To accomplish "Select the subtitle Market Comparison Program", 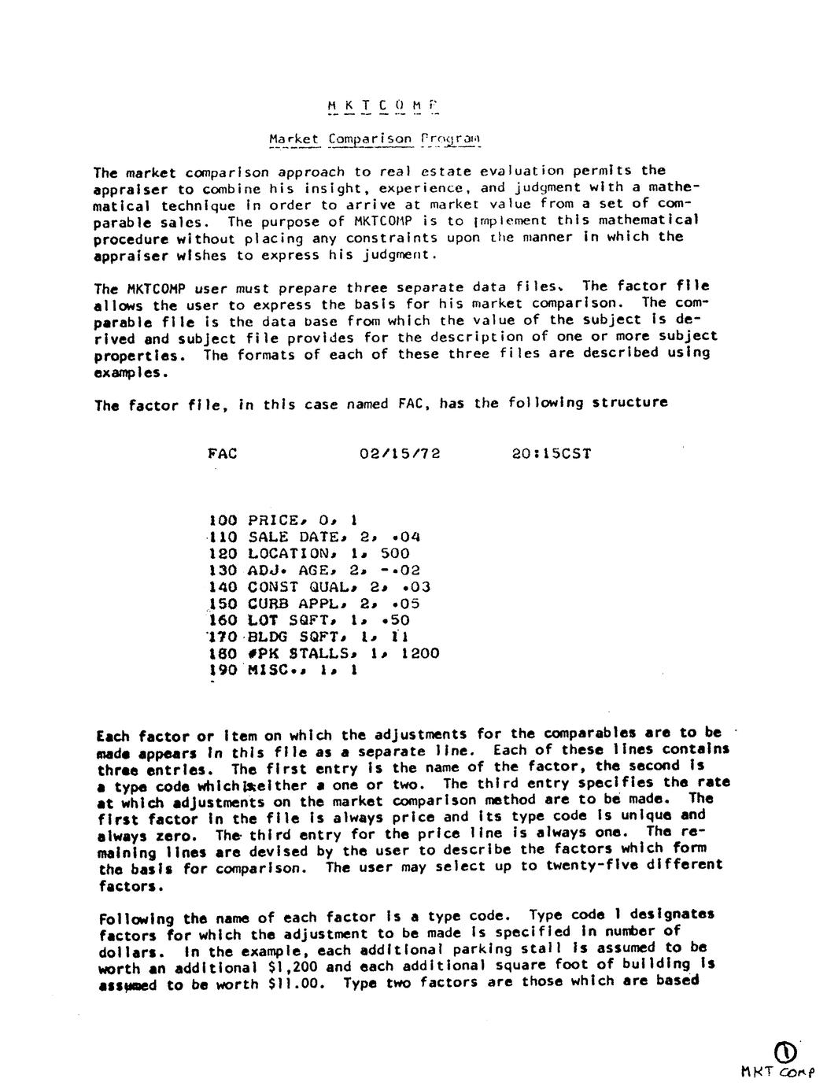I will (x=374, y=139).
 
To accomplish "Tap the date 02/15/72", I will (x=400, y=453).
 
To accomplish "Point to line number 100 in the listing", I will (x=223, y=519).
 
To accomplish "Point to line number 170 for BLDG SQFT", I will (x=223, y=637).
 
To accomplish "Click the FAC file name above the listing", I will (x=223, y=453).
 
